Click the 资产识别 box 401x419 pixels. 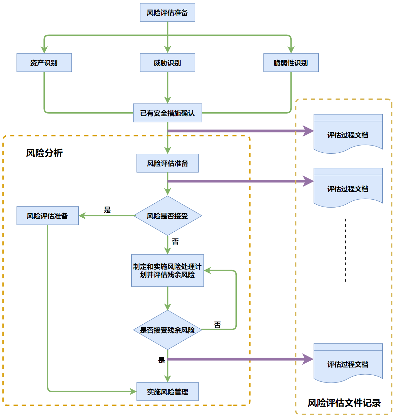[44, 63]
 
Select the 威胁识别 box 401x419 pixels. [168, 63]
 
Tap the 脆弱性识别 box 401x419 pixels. [291, 63]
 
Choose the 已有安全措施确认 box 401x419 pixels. [168, 113]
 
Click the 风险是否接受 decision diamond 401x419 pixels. [168, 216]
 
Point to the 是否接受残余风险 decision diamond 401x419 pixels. [168, 330]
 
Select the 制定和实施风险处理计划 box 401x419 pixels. [168, 271]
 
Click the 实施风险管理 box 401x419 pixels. [168, 392]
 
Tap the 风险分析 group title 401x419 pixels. [44, 153]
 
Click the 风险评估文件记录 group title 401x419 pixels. [344, 403]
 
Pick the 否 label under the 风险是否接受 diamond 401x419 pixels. [175, 241]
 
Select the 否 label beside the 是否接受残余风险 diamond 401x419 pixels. [217, 325]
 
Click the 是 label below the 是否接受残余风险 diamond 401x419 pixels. [162, 360]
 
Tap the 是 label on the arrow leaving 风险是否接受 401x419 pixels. [107, 210]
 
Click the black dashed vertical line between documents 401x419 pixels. [345, 250]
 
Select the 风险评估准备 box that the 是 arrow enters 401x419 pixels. [48, 216]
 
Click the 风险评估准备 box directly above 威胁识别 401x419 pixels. [168, 12]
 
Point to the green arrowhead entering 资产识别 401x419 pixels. [44, 50]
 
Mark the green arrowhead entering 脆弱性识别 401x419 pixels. [291, 50]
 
